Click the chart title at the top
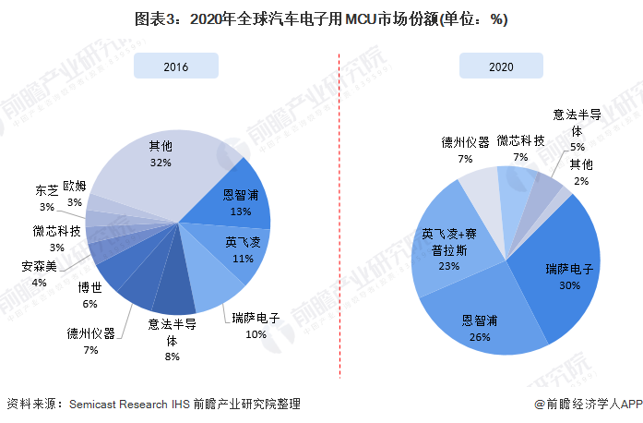pyautogui.click(x=321, y=19)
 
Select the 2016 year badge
pyautogui.click(x=175, y=66)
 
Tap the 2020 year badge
pyautogui.click(x=501, y=66)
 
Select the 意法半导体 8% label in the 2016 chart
pyautogui.click(x=172, y=338)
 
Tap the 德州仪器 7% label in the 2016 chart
pyautogui.click(x=90, y=340)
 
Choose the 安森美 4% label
pyautogui.click(x=39, y=274)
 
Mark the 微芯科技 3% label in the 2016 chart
pyautogui.click(x=56, y=238)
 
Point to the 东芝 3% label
pyautogui.click(x=47, y=199)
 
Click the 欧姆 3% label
pyautogui.click(x=75, y=193)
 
